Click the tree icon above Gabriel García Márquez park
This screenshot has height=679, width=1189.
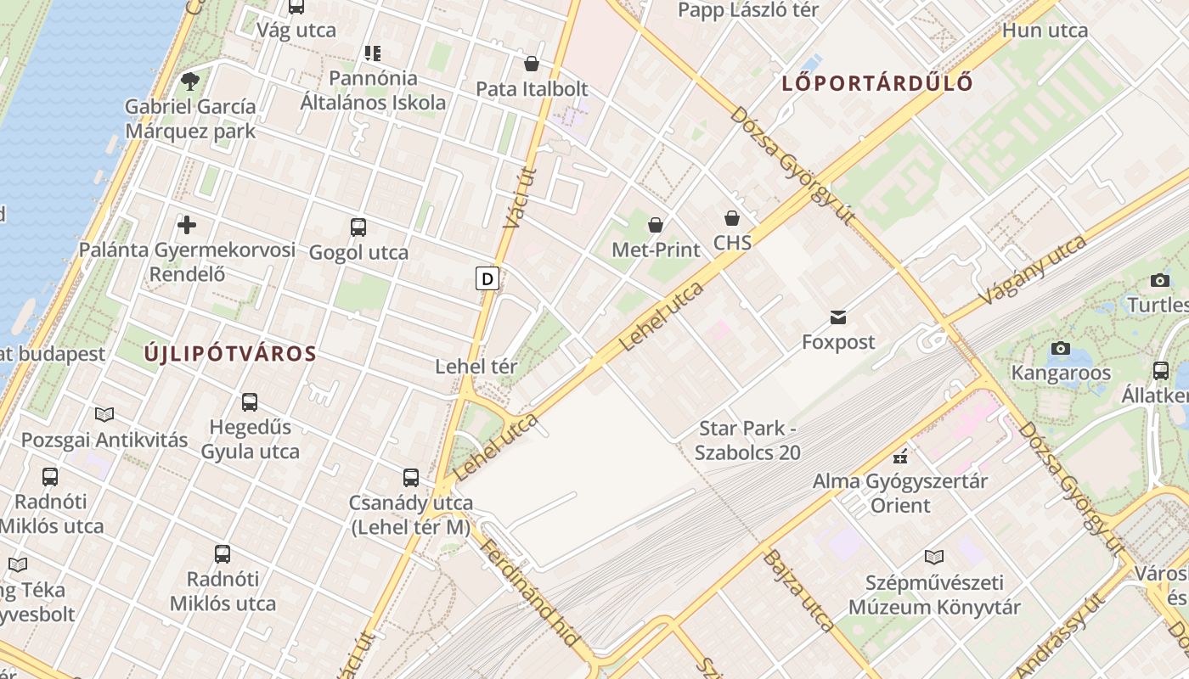click(x=190, y=81)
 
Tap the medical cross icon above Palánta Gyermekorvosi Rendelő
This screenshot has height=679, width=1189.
click(x=187, y=225)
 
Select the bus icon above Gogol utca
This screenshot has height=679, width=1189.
click(x=358, y=227)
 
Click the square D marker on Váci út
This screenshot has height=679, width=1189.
click(x=487, y=278)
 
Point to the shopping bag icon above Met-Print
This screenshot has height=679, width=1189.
click(x=656, y=225)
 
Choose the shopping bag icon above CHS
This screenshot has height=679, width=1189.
click(x=732, y=218)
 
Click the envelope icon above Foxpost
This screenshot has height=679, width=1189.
click(x=838, y=317)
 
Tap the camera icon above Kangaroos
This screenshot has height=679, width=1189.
click(x=1060, y=348)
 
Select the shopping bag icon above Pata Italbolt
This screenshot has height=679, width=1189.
click(x=532, y=64)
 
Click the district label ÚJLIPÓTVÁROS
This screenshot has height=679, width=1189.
click(x=230, y=354)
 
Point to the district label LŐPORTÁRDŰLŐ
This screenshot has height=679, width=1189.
click(x=876, y=83)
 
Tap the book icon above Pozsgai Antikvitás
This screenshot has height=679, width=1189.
click(x=104, y=414)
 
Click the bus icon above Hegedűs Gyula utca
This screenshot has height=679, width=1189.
click(x=250, y=402)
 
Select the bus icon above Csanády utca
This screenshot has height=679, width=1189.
click(x=411, y=478)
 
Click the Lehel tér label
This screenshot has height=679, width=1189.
click(x=476, y=367)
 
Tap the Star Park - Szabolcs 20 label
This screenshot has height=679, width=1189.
click(x=747, y=441)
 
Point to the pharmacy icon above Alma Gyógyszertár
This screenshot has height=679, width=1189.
click(x=900, y=457)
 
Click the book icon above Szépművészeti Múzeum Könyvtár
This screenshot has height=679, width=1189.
click(x=934, y=558)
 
